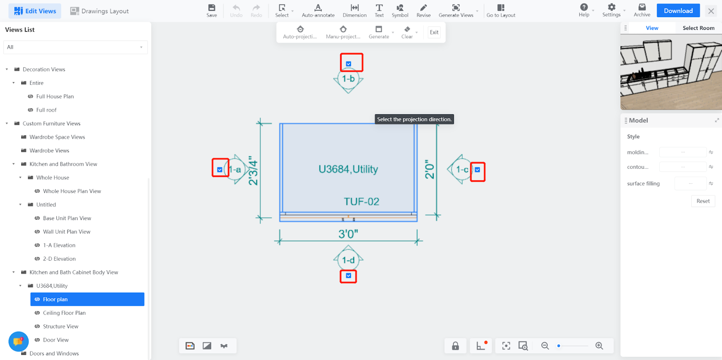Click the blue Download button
point(678,11)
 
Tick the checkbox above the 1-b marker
point(348,64)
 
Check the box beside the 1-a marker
point(219,170)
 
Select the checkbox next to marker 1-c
point(477,170)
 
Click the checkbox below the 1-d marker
point(348,276)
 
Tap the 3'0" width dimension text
point(348,234)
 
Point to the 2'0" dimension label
point(430,169)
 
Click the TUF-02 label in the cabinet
point(361,202)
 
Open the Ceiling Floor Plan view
point(64,313)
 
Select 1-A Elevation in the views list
point(59,245)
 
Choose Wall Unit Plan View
point(66,231)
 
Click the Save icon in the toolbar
point(212,8)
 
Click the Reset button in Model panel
point(703,201)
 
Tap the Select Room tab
point(699,28)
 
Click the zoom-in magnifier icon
point(599,346)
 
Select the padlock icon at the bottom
point(455,346)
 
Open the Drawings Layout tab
point(99,11)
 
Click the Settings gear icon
point(611,7)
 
